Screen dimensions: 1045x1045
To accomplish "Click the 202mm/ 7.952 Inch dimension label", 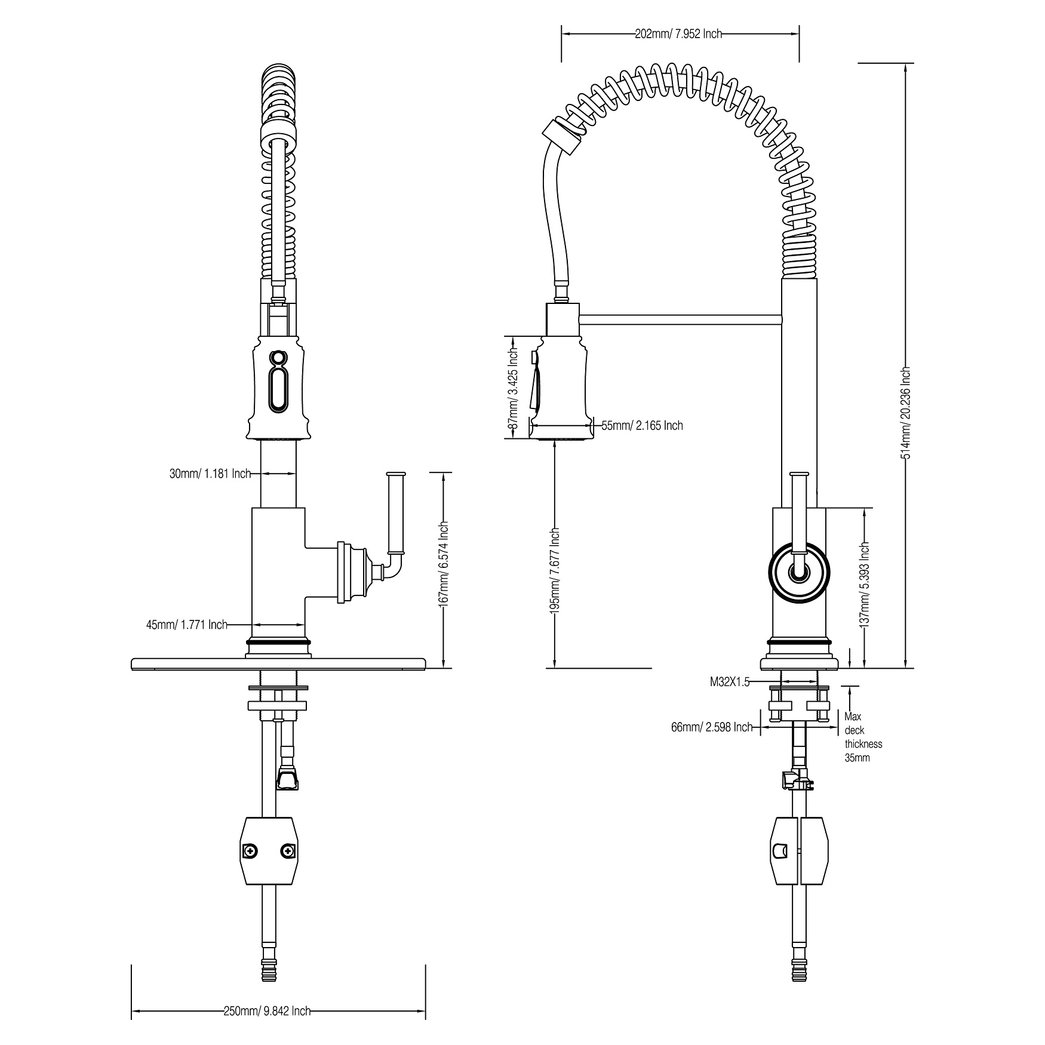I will coord(678,34).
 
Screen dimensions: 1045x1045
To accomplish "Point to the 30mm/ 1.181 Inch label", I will coord(210,474).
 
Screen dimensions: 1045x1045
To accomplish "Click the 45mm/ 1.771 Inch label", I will coord(187,625).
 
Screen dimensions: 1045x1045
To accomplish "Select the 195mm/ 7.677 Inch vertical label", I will coord(555,571).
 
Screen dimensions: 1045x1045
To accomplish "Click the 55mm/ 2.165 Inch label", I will coord(642,426).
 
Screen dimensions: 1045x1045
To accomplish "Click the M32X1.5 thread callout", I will coord(729,682).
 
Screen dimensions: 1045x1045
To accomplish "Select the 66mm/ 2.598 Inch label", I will coord(712,727).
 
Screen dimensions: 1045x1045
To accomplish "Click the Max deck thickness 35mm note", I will coord(863,737).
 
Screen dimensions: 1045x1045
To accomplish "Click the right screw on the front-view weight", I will coord(288,850).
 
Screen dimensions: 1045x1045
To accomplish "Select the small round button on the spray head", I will coord(277,358).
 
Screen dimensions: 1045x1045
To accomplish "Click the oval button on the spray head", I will coord(278,389).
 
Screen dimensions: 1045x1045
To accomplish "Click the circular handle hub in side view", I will coord(798,571).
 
